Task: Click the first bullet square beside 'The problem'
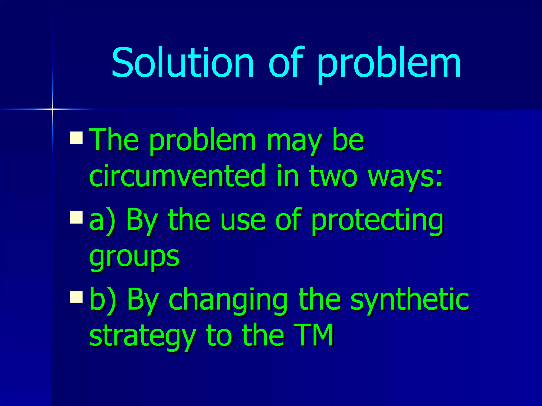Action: pos(76,137)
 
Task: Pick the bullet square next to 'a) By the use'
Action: pos(76,217)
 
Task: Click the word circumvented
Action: pos(177,176)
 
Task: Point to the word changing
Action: pos(228,300)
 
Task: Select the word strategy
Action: pos(142,336)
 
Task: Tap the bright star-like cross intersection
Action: pos(52,109)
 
